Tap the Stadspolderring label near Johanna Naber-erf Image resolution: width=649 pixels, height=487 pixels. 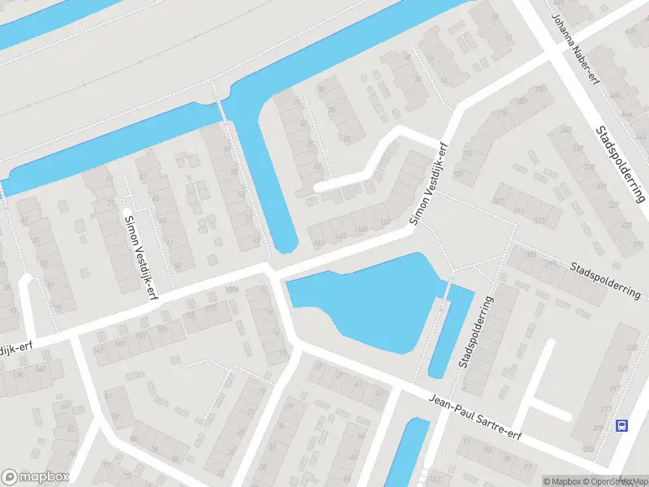[621, 163]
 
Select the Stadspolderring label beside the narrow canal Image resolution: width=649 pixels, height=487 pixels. [475, 332]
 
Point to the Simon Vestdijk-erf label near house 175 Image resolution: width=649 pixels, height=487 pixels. [429, 183]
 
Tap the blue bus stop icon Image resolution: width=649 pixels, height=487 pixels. [622, 425]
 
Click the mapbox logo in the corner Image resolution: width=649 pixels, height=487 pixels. [36, 477]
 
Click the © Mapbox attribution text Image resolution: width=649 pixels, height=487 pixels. [563, 481]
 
